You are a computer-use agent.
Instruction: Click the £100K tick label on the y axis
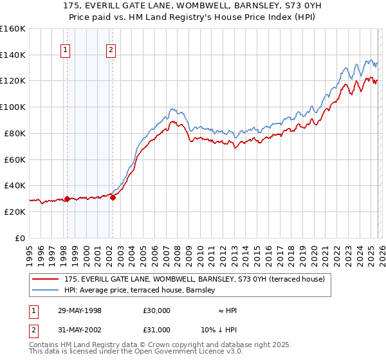[13, 107]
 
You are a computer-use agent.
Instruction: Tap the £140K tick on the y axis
[13, 55]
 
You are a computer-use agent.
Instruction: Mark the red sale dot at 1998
[67, 199]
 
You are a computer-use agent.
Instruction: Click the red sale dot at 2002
[113, 197]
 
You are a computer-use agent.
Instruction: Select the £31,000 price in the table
[156, 330]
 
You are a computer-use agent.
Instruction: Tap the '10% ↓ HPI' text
[218, 330]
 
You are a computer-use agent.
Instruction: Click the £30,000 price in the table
[156, 310]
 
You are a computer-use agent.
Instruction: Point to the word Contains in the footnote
[44, 346]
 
